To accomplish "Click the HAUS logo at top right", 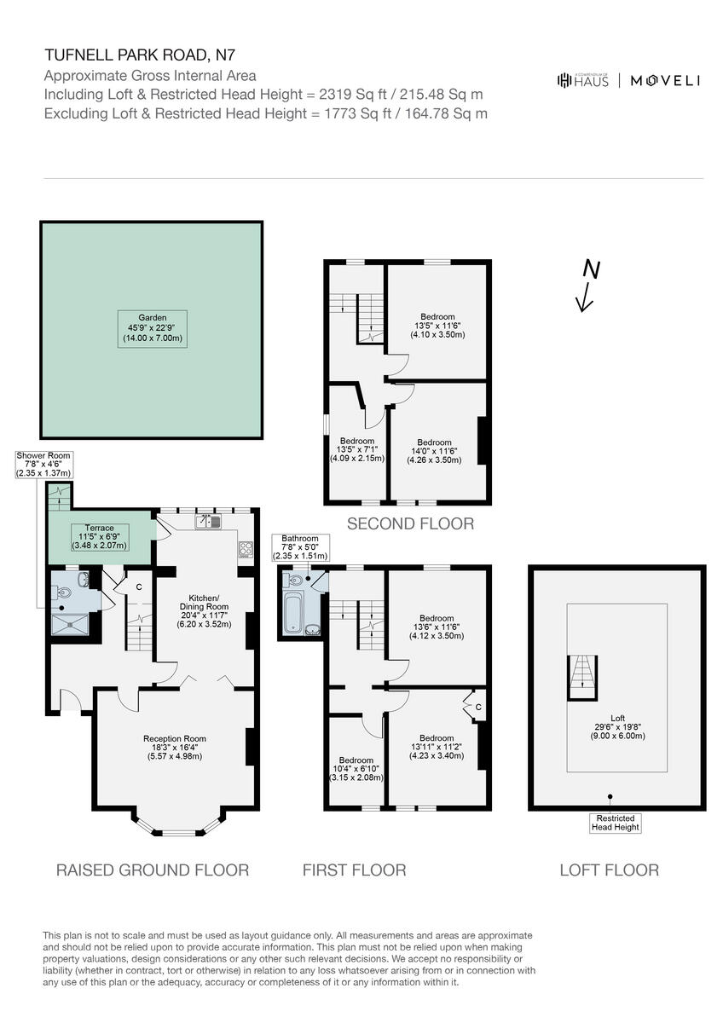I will coord(582,80).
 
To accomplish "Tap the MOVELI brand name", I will coord(665,81).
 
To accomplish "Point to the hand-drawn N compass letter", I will coord(590,270).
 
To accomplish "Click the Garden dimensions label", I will coord(149,327).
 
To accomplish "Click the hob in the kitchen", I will coord(246,549).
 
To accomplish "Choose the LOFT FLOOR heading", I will coord(609,870).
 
